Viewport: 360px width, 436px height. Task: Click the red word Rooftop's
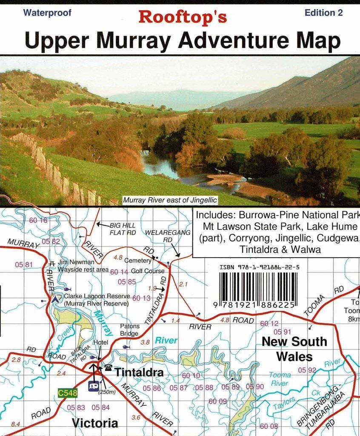182,17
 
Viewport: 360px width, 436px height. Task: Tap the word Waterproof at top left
47,12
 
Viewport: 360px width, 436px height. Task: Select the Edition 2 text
323,13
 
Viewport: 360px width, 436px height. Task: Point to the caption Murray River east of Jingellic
170,200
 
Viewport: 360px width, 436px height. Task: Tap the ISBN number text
260,267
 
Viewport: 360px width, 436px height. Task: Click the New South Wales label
294,349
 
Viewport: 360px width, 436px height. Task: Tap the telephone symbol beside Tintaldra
108,367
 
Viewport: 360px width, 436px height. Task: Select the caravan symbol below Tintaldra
93,386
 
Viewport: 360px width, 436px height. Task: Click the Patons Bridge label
129,330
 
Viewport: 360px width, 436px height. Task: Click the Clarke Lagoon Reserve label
96,300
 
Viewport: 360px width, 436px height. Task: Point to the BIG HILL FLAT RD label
123,229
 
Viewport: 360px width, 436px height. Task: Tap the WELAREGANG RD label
162,236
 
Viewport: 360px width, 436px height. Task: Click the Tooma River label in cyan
280,379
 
